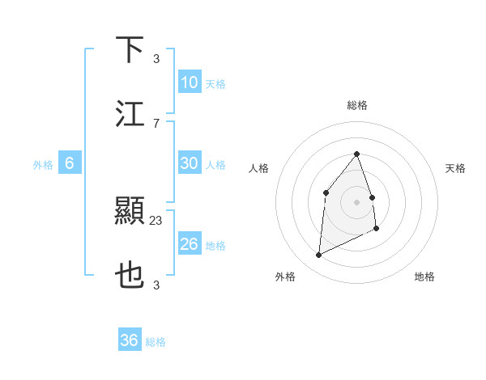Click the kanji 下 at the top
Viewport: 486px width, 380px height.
[x=130, y=49]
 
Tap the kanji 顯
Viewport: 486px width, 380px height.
[x=130, y=212]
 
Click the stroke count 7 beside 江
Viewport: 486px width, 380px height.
[x=156, y=123]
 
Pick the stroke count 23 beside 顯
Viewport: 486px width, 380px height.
[x=156, y=220]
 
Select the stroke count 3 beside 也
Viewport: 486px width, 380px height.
[x=156, y=285]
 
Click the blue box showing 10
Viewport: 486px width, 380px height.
[x=190, y=82]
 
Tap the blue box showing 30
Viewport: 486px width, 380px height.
[x=190, y=163]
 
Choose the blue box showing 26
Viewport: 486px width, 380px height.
[x=190, y=244]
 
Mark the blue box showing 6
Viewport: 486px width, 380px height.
[x=70, y=163]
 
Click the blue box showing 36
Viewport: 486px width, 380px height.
[x=130, y=340]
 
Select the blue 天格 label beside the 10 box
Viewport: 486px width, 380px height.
[x=215, y=84]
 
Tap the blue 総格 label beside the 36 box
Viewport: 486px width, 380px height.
[x=156, y=342]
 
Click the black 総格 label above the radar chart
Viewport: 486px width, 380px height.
[x=357, y=105]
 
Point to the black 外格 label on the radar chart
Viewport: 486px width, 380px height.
[x=285, y=277]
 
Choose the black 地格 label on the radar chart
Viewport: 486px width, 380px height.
[x=424, y=277]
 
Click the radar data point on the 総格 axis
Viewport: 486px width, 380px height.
[x=356, y=154]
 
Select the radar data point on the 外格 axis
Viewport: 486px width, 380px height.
[x=319, y=255]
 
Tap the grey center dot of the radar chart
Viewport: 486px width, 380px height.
[x=356, y=201]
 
